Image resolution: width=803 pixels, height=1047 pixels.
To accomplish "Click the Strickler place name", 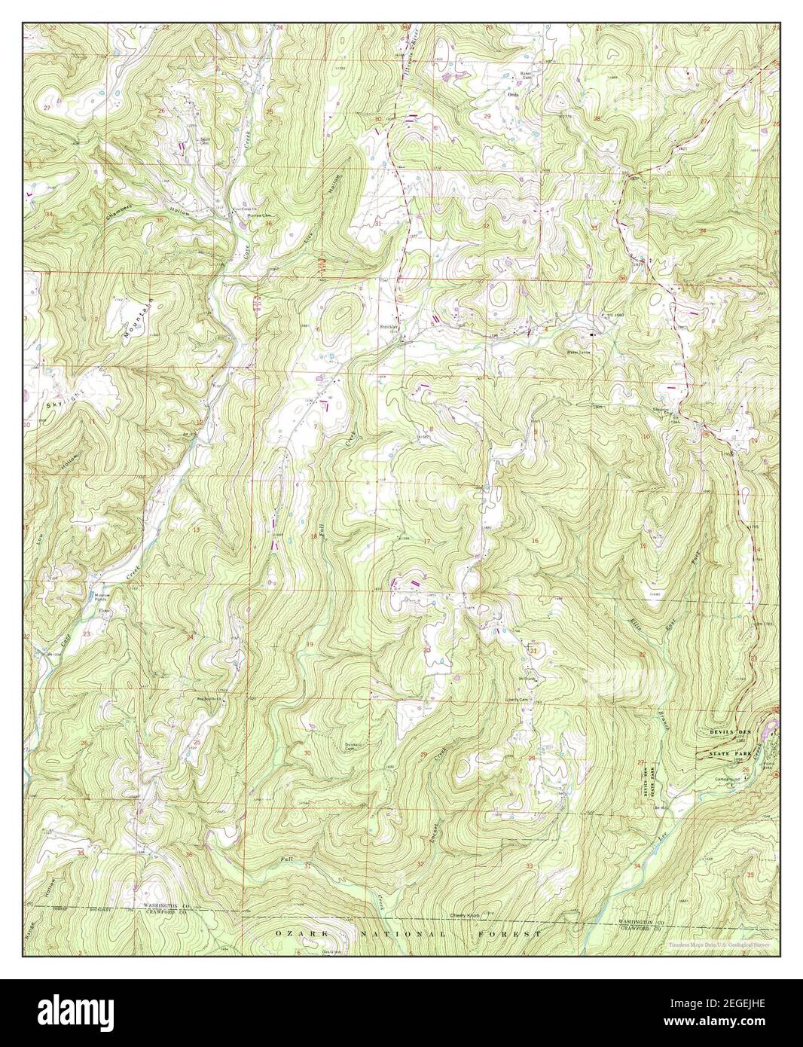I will coord(389,327).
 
